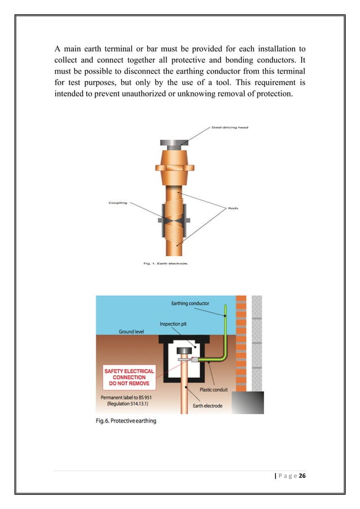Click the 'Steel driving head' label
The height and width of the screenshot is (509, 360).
coord(230,128)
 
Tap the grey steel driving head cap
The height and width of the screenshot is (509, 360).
coord(175,143)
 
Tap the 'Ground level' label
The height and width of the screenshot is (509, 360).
coord(134,332)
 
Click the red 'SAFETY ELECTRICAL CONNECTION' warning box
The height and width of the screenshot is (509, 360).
coord(129,377)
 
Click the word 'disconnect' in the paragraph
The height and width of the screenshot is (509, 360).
coord(165,70)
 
